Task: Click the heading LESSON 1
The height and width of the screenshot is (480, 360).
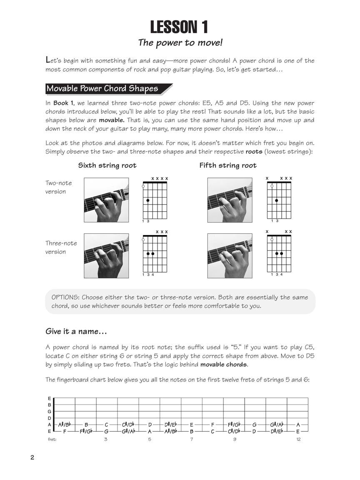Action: (x=179, y=27)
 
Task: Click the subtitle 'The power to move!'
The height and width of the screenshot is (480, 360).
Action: (x=179, y=42)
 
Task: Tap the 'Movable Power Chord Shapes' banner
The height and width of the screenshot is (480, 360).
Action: (x=102, y=89)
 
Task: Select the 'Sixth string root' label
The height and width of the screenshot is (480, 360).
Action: (x=107, y=165)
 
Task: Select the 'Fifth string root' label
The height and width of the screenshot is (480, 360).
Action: (x=228, y=165)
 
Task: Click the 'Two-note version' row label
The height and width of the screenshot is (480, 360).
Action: (x=58, y=187)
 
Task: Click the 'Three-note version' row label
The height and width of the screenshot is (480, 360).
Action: (x=61, y=247)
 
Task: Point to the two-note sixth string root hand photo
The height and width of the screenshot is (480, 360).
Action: (x=106, y=200)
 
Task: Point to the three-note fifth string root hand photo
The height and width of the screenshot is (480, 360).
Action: (x=230, y=256)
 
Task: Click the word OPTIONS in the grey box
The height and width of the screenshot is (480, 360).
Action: (x=65, y=297)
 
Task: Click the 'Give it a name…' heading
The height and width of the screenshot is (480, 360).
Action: (x=76, y=332)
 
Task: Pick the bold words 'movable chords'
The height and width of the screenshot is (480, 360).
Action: (x=224, y=365)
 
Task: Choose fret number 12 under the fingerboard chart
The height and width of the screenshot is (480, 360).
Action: (x=298, y=440)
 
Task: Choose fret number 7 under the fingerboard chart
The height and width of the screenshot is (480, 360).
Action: (x=192, y=440)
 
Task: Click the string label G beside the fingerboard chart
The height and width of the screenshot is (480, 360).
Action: (x=50, y=411)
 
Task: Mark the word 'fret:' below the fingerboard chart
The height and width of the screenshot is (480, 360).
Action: (x=52, y=440)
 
